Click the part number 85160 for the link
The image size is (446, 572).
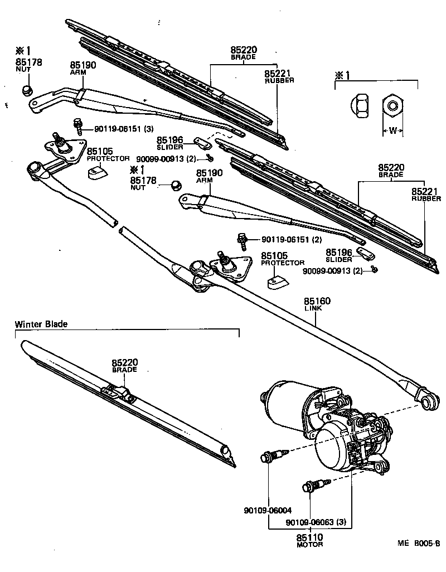coord(317,301)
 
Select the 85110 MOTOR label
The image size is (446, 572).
coord(310,540)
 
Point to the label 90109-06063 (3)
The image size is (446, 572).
coord(316,522)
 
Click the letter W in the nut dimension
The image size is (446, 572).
coord(392,132)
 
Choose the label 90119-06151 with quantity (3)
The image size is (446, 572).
coord(124,129)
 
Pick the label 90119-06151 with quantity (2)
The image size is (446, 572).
coord(292,240)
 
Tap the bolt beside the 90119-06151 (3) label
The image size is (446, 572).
coord(77,125)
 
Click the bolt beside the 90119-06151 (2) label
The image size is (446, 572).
coord(244,240)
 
